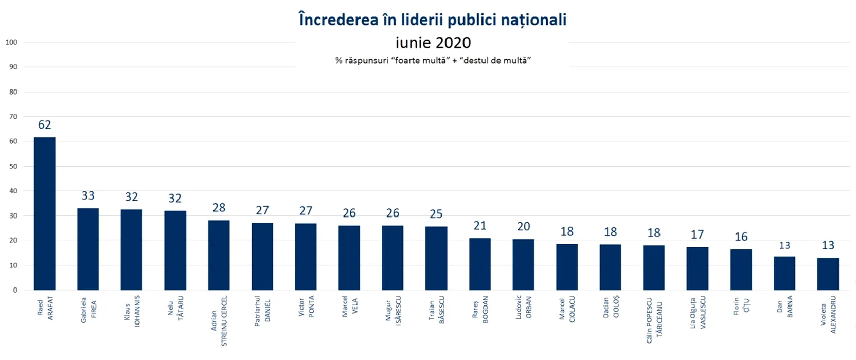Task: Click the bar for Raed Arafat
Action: (45, 213)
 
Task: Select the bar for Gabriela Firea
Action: (88, 249)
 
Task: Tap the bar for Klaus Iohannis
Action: (131, 250)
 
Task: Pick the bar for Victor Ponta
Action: (306, 257)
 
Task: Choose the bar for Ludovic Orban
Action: (523, 264)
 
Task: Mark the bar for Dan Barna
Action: (784, 273)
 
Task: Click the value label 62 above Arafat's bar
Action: (45, 125)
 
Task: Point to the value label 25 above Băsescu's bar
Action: (436, 214)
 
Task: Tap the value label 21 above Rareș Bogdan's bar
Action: (480, 226)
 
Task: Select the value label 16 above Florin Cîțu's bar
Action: (741, 237)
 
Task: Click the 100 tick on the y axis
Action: (11, 42)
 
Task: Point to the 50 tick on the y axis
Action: (13, 166)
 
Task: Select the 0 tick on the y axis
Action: (15, 290)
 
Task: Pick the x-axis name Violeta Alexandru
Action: (828, 314)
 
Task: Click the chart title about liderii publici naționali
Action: (433, 20)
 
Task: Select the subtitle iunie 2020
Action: (433, 42)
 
